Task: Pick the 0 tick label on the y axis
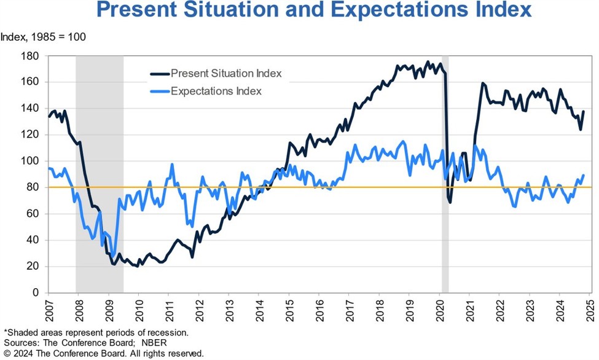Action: [36, 292]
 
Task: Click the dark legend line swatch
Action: [159, 74]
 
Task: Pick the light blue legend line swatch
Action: [159, 91]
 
